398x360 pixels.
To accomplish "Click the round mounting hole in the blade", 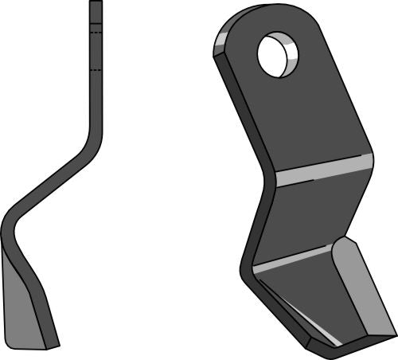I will click(278, 55).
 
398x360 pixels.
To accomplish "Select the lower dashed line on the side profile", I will click(96, 72).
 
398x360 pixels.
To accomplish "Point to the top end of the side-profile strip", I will click(96, 3).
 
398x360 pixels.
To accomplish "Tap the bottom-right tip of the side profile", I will click(56, 346).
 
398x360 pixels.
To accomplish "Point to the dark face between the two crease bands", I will click(306, 215).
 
